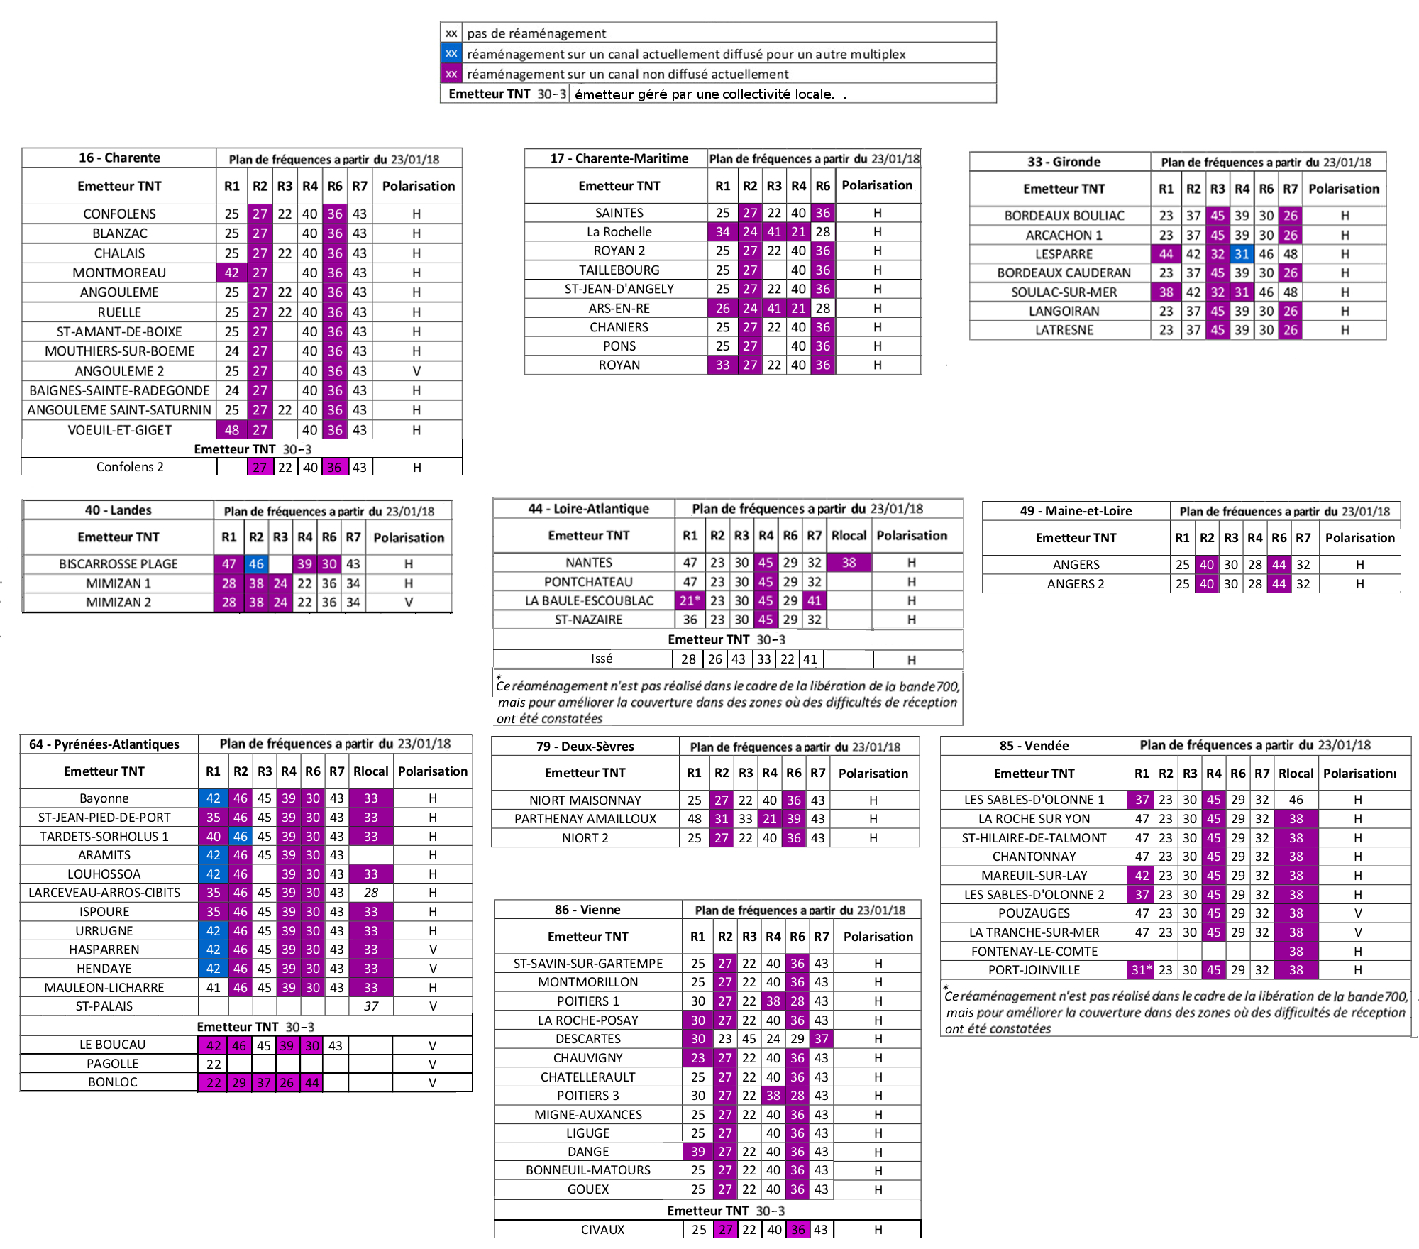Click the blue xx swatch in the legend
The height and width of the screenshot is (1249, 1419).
pyautogui.click(x=451, y=53)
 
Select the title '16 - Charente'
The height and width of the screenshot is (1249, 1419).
pyautogui.click(x=119, y=158)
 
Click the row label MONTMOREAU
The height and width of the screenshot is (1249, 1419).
pyautogui.click(x=119, y=273)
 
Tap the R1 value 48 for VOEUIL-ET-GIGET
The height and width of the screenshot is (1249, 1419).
pyautogui.click(x=232, y=429)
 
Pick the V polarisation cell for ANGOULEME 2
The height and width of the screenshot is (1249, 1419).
pyautogui.click(x=416, y=370)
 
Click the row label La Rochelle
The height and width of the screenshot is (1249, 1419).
pyautogui.click(x=619, y=231)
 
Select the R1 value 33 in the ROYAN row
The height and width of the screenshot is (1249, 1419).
pyautogui.click(x=722, y=365)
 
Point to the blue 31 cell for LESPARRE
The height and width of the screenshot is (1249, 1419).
pyautogui.click(x=1241, y=254)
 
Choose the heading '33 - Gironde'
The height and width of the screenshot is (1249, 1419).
pyautogui.click(x=1064, y=161)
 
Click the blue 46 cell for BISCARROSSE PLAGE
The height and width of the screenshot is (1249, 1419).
pyautogui.click(x=256, y=563)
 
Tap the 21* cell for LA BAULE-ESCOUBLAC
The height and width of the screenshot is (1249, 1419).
pyautogui.click(x=690, y=600)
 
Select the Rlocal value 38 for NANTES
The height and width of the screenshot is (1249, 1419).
pyautogui.click(x=849, y=562)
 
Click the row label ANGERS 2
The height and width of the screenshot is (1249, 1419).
pyautogui.click(x=1076, y=583)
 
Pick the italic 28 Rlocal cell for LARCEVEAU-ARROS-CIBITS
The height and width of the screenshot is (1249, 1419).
pyautogui.click(x=371, y=892)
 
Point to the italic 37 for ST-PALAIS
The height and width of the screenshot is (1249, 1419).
pyautogui.click(x=371, y=1006)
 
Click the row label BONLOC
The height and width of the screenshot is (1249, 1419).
pyautogui.click(x=113, y=1082)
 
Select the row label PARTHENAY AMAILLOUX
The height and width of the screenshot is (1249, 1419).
pyautogui.click(x=585, y=818)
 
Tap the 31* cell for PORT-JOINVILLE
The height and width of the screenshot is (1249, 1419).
pyautogui.click(x=1142, y=969)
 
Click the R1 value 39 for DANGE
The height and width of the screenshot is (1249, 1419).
pyautogui.click(x=698, y=1151)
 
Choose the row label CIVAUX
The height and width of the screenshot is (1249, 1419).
pyautogui.click(x=602, y=1229)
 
